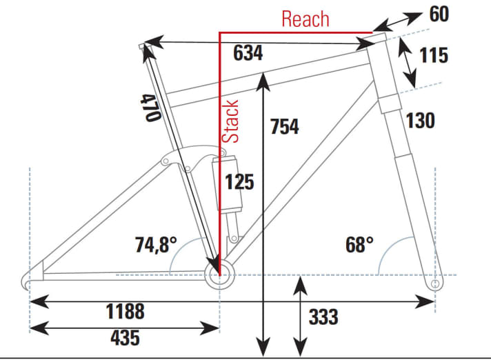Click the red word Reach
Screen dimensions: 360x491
(305, 19)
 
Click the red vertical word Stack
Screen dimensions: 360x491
(232, 121)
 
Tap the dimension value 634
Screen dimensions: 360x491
(248, 53)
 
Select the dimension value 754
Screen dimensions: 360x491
(284, 127)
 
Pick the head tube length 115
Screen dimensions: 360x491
(434, 55)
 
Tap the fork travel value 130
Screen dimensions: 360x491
(420, 121)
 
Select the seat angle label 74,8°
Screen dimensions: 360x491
(155, 244)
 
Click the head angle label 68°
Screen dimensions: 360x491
(359, 244)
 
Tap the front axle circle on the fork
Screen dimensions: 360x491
(434, 283)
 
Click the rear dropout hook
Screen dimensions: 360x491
(28, 282)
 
